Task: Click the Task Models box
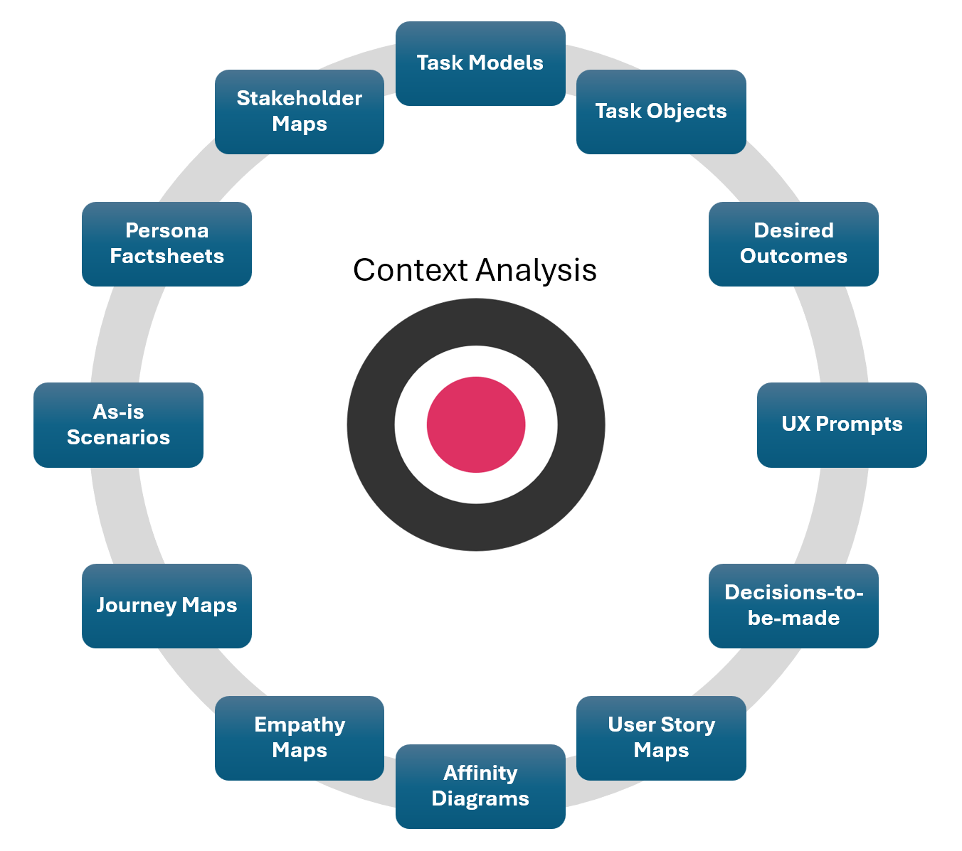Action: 480,63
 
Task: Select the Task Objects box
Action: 661,112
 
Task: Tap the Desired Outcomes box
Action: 793,244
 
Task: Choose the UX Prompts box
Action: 842,424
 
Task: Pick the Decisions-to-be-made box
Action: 793,606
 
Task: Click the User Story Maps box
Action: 661,738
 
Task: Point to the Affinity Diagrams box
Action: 480,786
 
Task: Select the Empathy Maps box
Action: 300,738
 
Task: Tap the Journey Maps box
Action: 166,606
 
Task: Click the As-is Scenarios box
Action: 118,424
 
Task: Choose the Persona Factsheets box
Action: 166,244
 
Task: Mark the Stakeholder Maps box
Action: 300,112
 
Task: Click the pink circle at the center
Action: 476,424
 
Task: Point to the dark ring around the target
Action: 370,424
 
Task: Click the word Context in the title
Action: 411,270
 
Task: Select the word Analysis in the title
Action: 536,270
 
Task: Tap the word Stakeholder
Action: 300,98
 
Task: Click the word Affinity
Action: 480,773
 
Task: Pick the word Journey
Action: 136,606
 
